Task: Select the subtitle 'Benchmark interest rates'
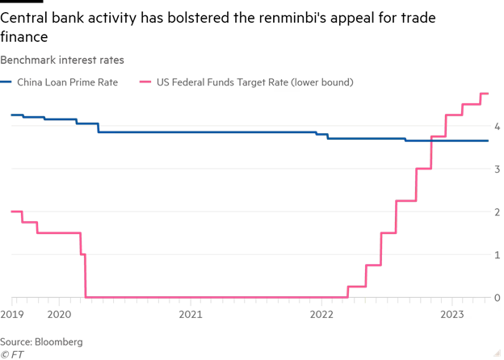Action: [62, 60]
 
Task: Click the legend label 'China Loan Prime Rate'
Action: [68, 82]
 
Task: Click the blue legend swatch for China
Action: [6, 82]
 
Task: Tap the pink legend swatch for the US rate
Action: [145, 82]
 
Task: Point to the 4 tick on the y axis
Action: [497, 127]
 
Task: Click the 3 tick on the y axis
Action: [497, 170]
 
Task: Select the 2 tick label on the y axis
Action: [497, 212]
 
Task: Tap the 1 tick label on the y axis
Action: [497, 255]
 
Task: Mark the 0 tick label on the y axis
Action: [497, 298]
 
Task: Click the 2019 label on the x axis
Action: [12, 314]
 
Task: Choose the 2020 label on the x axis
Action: [60, 314]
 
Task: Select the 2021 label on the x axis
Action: [191, 314]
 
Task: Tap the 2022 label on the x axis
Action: [321, 314]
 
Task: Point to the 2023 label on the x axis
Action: [451, 314]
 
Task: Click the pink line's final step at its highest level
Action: [485, 94]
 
